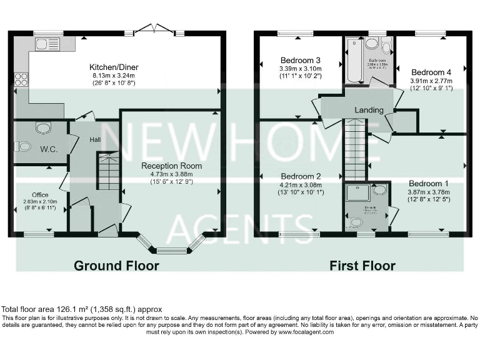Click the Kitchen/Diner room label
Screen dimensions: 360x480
pos(114,67)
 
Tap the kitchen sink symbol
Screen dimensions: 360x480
pos(47,44)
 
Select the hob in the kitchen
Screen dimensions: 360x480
pos(21,79)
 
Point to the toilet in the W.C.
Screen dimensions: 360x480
pos(23,147)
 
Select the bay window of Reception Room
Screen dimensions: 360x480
pos(172,249)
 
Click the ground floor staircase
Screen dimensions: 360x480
pos(109,172)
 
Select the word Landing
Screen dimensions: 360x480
pos(369,110)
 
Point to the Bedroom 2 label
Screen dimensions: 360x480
pos(301,176)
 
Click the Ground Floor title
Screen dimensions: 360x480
pos(116,266)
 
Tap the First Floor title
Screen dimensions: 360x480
pos(362,266)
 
